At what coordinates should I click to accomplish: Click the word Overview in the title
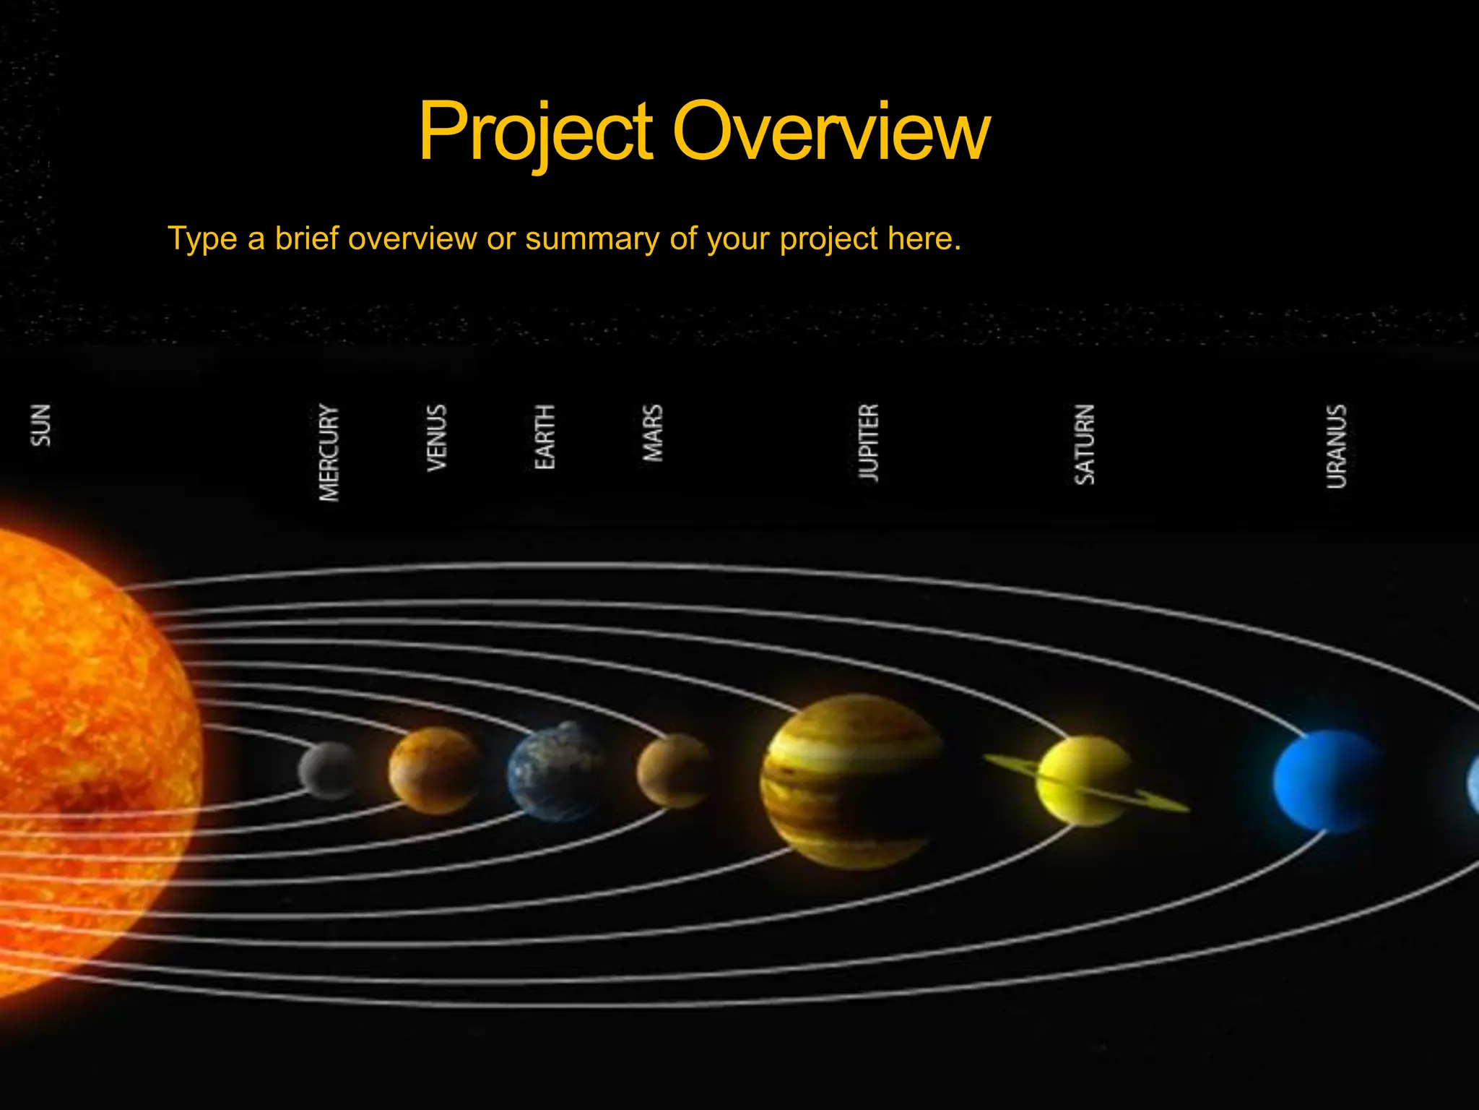(830, 132)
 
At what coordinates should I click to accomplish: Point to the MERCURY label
(329, 452)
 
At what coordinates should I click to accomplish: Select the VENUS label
(437, 438)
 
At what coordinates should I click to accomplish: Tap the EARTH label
(545, 436)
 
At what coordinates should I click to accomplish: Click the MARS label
(653, 433)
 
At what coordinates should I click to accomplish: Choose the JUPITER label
(869, 442)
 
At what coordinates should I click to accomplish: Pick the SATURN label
(1085, 444)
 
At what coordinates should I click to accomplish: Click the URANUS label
(1337, 447)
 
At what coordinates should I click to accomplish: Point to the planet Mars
(673, 770)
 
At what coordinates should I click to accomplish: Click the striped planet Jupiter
(852, 780)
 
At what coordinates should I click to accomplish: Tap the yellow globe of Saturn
(1083, 780)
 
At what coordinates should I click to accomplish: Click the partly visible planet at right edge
(1473, 784)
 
